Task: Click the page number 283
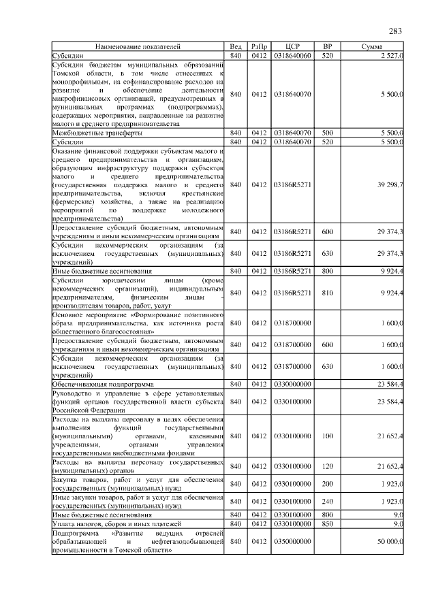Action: pyautogui.click(x=395, y=31)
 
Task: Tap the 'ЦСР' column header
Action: pyautogui.click(x=292, y=47)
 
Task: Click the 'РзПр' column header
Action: pyautogui.click(x=259, y=47)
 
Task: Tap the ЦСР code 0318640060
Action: pyautogui.click(x=292, y=54)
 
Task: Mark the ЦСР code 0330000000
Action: pyautogui.click(x=292, y=384)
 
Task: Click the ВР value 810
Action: pyautogui.click(x=327, y=293)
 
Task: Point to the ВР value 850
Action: pyautogui.click(x=327, y=523)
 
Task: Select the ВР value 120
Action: pyautogui.click(x=327, y=466)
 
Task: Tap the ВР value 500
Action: pyautogui.click(x=327, y=133)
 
